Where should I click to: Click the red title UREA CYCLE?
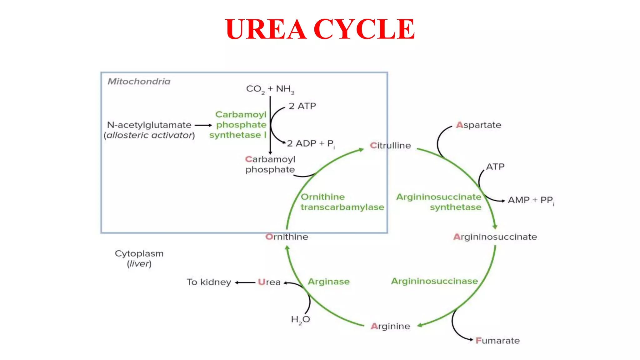pos(320,29)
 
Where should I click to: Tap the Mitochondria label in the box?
pos(139,82)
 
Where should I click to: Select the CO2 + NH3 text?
pos(270,89)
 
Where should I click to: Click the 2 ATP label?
pos(302,106)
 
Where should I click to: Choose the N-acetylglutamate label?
pos(149,125)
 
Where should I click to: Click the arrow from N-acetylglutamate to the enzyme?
pos(203,125)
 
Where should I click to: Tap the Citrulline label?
pos(390,146)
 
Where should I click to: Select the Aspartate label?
pos(478,125)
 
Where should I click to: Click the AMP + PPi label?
pos(531,200)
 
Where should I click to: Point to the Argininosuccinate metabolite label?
pos(495,237)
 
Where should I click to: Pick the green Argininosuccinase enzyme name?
pos(434,281)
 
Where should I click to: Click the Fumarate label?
pos(497,341)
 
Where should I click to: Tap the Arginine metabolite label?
pos(390,326)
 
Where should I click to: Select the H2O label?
pos(300,319)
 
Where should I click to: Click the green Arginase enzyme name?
pos(328,282)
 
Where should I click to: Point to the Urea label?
pos(269,282)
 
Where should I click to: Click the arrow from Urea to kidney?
pos(245,282)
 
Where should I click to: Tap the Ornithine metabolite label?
pos(287,237)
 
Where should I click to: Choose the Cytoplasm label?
pos(139,253)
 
